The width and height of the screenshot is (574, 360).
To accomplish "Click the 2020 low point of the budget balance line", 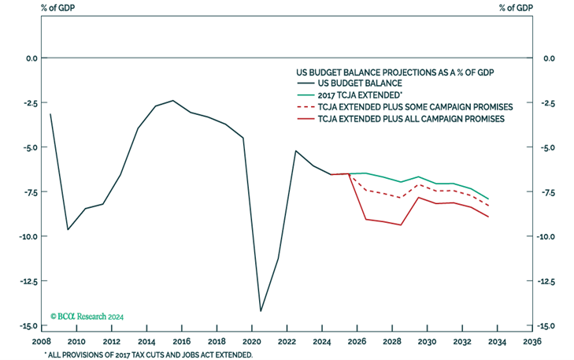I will pos(261,311).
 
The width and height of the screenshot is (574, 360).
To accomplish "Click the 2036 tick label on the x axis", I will pos(532,342).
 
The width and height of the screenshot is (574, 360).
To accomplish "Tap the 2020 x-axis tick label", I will pos(251,342).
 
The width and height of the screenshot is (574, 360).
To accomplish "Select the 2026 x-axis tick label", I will pos(357,342).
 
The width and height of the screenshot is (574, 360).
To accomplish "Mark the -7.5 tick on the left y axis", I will pos(27,192).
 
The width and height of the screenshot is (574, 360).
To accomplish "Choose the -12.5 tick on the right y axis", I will pos(549,281).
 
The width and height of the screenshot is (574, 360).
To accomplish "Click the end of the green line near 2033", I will pos(488,199).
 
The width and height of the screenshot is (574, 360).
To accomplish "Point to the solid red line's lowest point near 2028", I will pos(402,225).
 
